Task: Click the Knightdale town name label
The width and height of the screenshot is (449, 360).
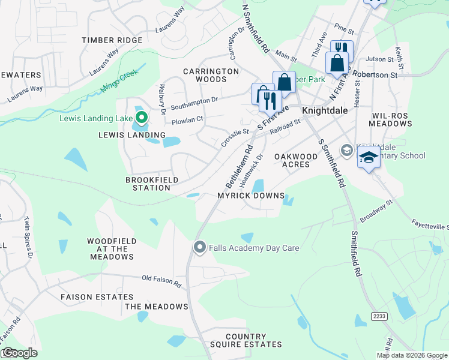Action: pos(325,110)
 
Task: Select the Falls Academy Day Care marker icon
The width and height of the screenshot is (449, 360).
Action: pos(200,247)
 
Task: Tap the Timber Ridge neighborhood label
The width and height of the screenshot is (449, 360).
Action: pos(113,40)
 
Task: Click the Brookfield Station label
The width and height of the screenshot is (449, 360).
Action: pos(148,184)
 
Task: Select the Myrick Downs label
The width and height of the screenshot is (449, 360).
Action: pos(247,196)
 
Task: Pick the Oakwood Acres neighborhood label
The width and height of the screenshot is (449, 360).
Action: pos(296,160)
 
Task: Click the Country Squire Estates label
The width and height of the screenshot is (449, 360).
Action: pos(246,340)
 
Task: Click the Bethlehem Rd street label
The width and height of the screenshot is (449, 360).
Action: pos(239,165)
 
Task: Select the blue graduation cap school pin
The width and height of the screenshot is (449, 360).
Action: pos(369,158)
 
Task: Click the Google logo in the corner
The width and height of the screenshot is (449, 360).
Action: pos(19,353)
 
